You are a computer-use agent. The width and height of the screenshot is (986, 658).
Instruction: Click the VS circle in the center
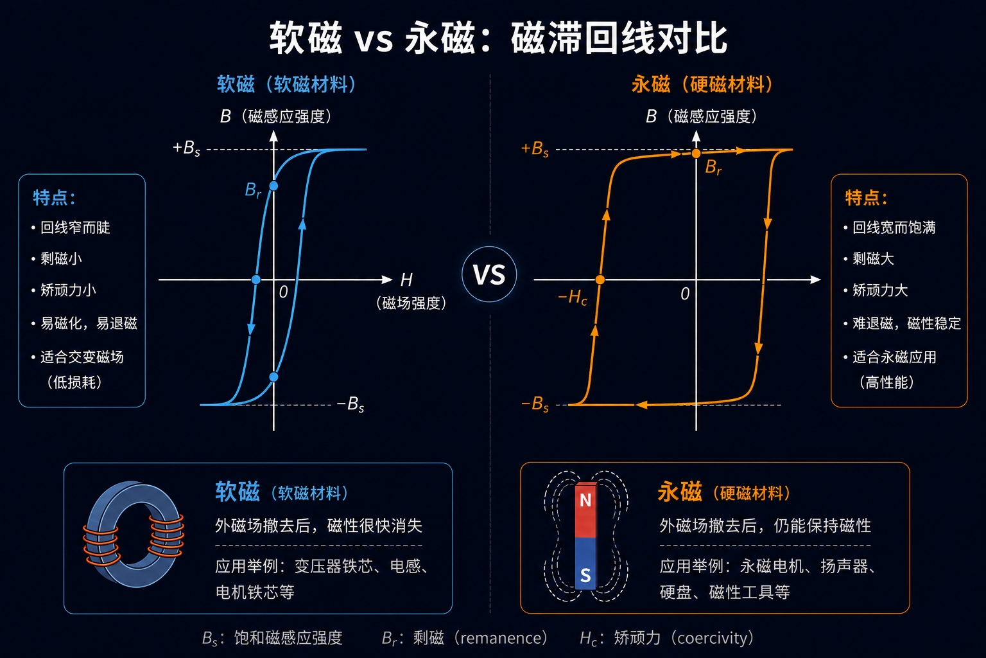(489, 274)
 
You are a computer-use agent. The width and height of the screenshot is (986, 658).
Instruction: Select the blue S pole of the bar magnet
(585, 564)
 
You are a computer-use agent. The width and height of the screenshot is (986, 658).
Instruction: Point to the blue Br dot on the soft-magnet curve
(273, 186)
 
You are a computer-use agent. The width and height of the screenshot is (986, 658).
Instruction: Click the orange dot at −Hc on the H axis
(600, 280)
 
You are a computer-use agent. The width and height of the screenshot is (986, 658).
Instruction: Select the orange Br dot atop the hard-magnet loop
(696, 154)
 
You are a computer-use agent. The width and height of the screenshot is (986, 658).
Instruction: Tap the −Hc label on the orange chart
(572, 298)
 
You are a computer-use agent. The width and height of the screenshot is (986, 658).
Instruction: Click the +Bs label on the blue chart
(186, 148)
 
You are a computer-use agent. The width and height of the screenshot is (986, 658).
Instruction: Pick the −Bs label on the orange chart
(535, 404)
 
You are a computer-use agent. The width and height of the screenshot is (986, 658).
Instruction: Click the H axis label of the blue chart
(406, 280)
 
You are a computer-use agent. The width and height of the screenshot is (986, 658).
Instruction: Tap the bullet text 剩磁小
(61, 258)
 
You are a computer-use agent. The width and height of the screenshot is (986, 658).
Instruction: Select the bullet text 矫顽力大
(880, 290)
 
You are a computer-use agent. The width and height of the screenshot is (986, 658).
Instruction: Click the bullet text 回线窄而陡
(75, 227)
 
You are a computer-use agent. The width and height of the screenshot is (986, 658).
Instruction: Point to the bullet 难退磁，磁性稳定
(907, 323)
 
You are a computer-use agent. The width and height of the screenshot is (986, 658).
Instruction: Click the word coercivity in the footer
(713, 637)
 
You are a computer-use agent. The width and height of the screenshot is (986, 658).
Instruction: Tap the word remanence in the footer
(501, 637)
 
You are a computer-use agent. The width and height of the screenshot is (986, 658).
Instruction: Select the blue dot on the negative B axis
(273, 377)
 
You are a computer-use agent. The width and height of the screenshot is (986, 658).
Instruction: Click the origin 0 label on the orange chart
(685, 294)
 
